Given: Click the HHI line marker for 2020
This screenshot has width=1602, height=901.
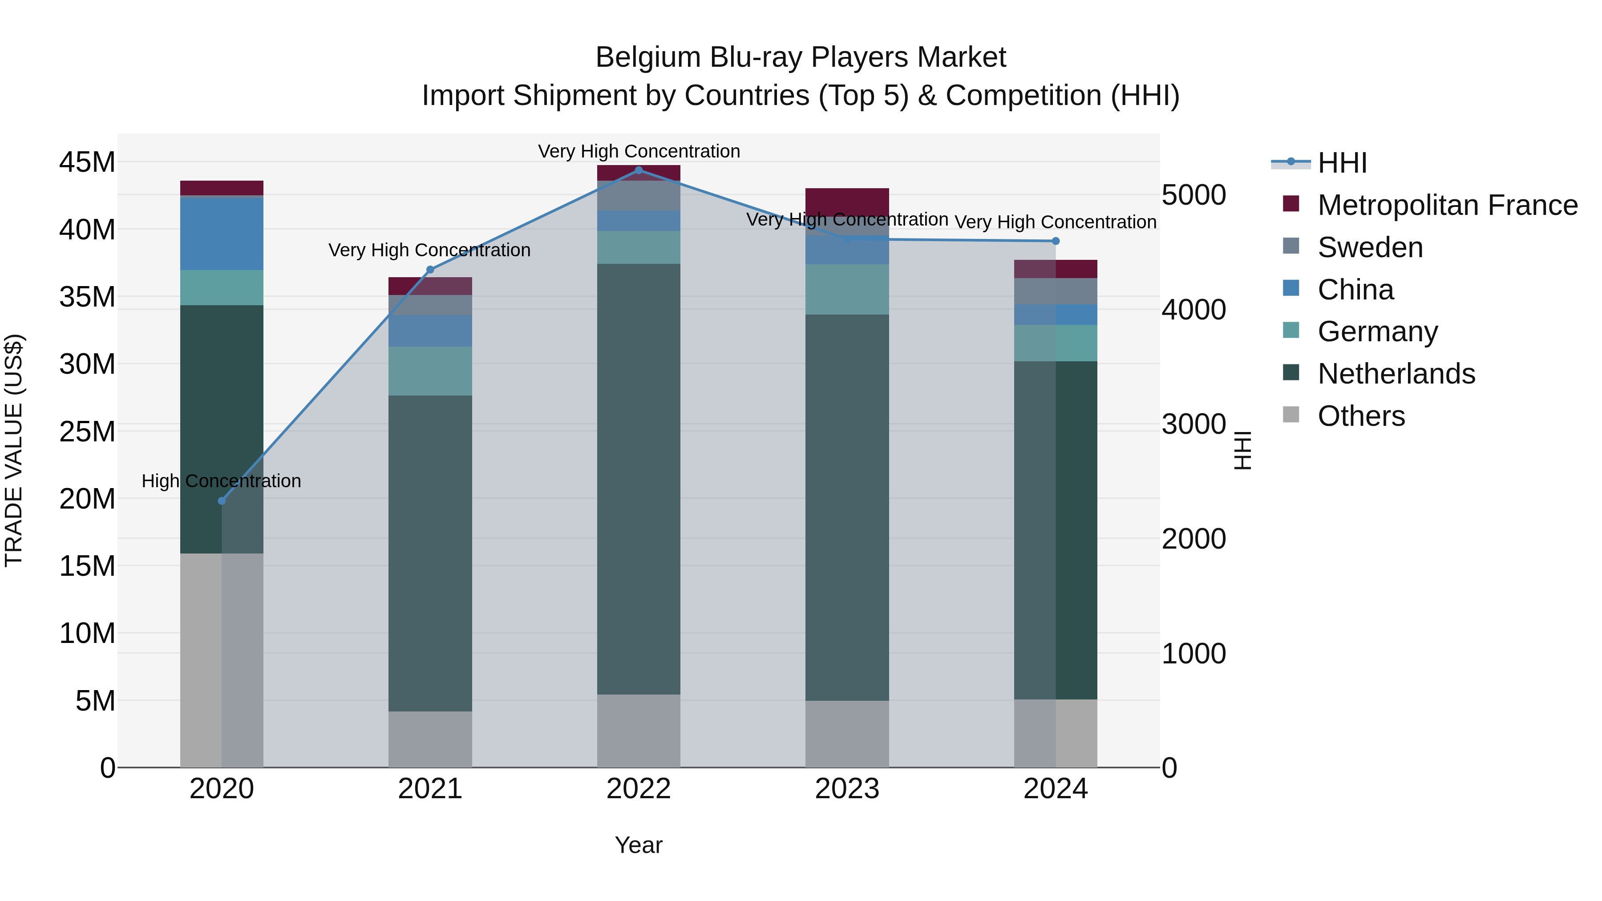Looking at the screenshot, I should [x=222, y=501].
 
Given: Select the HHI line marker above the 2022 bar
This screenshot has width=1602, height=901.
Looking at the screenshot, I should [x=639, y=170].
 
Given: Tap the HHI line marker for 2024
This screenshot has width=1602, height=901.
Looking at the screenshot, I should [x=1056, y=241].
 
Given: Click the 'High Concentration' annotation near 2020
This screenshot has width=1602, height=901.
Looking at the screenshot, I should [x=222, y=481].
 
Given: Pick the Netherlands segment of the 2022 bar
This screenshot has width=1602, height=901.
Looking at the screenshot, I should [x=639, y=479].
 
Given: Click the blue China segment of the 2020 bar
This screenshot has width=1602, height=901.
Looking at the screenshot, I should [x=222, y=234].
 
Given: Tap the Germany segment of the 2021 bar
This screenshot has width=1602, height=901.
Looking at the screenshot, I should [x=430, y=371].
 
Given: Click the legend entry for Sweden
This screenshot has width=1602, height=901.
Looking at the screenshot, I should [x=1370, y=247].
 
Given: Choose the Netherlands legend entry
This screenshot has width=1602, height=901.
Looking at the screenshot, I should [x=1396, y=374].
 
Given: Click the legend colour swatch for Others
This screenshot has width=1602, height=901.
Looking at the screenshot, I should [x=1291, y=415].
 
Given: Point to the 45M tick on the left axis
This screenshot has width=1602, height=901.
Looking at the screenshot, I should [x=87, y=162].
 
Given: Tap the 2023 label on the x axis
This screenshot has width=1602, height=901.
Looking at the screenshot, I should [x=847, y=789].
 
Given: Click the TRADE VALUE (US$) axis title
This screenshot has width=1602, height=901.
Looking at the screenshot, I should [x=14, y=450].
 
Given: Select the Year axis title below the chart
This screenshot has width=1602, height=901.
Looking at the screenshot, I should [x=639, y=845].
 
